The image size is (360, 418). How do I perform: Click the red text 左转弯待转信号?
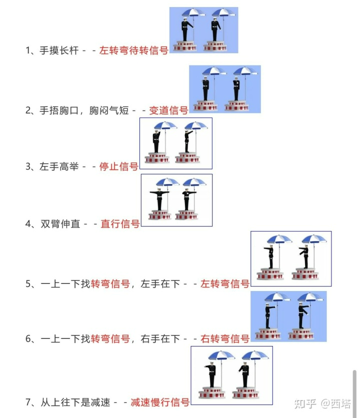[133, 50]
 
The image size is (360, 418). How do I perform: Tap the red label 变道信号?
[168, 110]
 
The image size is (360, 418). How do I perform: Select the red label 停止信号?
[118, 166]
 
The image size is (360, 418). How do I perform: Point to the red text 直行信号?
[120, 223]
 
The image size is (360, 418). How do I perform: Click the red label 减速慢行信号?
[160, 402]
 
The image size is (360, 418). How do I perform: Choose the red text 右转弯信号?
[225, 338]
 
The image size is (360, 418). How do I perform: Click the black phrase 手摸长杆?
[59, 50]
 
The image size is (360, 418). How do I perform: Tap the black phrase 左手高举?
[59, 166]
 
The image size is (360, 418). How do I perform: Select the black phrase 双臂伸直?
[60, 223]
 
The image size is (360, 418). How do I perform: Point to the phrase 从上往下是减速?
[75, 402]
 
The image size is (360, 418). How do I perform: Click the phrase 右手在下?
[160, 338]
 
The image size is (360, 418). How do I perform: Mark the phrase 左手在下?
[160, 283]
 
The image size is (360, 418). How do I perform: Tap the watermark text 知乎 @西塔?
[322, 403]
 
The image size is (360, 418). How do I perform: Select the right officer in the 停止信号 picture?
[187, 141]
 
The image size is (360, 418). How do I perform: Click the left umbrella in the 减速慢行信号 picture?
[221, 355]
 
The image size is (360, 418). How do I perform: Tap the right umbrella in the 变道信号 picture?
[245, 71]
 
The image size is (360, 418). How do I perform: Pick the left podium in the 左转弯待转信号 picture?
[185, 46]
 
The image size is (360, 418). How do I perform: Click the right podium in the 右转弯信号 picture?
[301, 333]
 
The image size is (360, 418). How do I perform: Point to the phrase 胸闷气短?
[109, 110]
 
